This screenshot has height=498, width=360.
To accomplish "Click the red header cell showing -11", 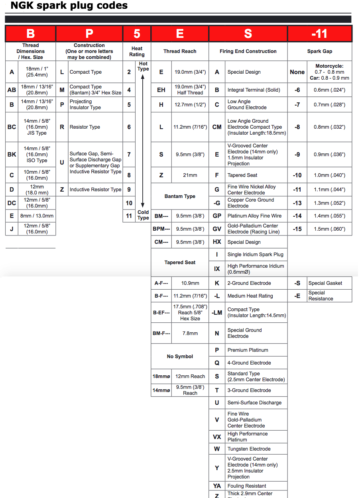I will (319, 34).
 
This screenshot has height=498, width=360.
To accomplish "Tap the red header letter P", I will (89, 34).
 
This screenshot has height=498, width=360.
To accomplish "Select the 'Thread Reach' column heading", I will (180, 51).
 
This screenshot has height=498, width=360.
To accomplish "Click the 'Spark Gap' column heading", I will (319, 51).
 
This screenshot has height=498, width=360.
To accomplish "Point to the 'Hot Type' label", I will (143, 66).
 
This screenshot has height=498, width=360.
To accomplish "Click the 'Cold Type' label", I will (143, 215).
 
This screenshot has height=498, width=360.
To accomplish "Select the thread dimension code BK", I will (12, 155).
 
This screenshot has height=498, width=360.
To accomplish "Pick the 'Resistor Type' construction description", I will (85, 127).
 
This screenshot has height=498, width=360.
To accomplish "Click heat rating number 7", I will (129, 155).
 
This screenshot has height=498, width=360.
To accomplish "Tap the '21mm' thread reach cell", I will (190, 175).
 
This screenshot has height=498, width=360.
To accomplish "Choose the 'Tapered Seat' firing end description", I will (242, 175).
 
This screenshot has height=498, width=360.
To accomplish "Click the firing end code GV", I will (217, 229).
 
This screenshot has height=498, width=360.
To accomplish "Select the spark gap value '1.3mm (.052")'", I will (329, 203).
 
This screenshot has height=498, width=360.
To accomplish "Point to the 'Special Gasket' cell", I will (325, 283).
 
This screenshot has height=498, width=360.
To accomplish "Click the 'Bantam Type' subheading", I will (180, 196).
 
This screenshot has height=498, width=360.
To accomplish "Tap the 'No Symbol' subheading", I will (180, 357).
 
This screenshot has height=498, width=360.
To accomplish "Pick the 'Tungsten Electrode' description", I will (249, 449).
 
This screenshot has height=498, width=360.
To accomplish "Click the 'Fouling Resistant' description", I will (247, 486).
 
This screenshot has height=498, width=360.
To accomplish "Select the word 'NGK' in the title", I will (22, 6).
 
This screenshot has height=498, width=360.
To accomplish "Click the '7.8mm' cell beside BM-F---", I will (190, 333).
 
